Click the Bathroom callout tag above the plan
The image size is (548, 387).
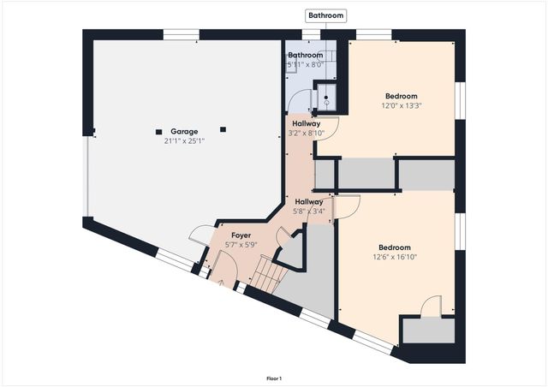pos(326,15)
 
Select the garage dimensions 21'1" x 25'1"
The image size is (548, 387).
pos(184,140)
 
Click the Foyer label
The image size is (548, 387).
pos(241,235)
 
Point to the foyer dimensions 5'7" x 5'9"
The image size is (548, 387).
pos(241,244)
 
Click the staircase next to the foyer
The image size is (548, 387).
pos(267,275)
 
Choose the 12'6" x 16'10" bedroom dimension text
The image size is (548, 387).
pos(395,256)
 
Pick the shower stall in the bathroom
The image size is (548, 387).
pos(325,98)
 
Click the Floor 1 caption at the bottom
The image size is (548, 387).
pos(274,378)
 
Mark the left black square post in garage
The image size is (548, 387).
pos(158,131)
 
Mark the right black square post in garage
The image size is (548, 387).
pos(223,129)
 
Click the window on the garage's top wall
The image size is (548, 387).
pos(181,35)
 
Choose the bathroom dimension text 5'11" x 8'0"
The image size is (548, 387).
pos(305,63)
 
